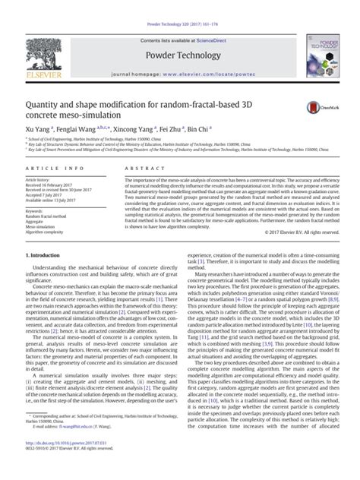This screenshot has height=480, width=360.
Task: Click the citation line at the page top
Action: (x=179, y=7)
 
